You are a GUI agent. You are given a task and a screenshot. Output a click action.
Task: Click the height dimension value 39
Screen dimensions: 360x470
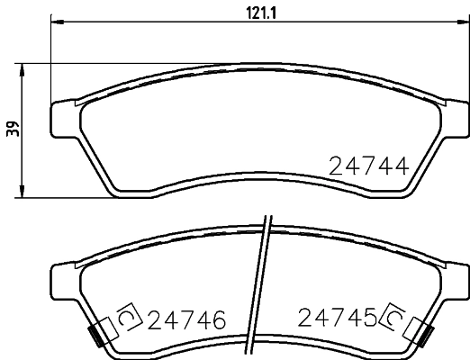coord(12,129)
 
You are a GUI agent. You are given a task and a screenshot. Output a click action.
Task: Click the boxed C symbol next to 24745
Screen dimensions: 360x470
coord(393,316)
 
